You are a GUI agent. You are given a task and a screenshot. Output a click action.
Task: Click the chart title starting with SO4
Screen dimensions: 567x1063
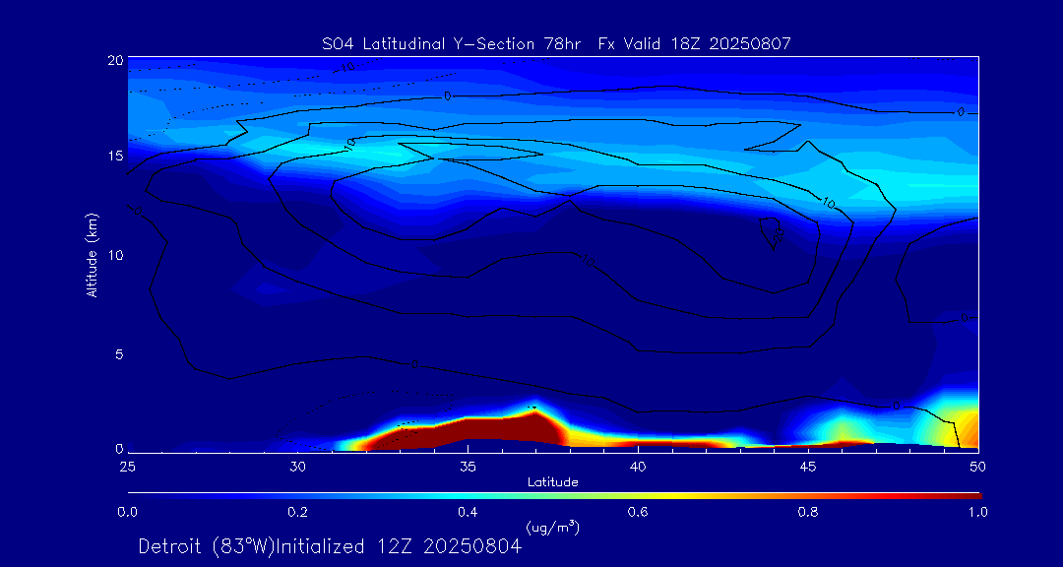coord(556,43)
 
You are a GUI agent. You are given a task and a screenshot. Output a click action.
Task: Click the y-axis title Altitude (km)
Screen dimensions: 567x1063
coord(93,255)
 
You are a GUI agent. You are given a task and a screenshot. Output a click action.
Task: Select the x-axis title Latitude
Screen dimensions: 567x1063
coord(552,482)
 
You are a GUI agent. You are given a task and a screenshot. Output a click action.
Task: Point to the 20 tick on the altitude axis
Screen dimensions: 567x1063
coord(113,60)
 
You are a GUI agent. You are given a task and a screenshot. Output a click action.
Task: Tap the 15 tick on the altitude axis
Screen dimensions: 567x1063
coord(113,157)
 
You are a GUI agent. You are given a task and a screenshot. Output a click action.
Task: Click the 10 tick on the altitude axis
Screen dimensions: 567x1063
coord(113,255)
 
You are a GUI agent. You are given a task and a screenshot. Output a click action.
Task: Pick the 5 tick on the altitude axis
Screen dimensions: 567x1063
coord(116,353)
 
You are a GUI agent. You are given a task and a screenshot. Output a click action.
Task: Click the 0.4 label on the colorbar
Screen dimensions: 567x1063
coord(468,512)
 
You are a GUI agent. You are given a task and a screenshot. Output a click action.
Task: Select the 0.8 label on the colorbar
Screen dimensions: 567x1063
coord(808,512)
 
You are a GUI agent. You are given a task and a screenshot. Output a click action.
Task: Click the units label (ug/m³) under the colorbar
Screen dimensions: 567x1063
coord(553,529)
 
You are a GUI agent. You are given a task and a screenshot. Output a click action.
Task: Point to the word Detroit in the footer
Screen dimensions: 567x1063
coord(171,546)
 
